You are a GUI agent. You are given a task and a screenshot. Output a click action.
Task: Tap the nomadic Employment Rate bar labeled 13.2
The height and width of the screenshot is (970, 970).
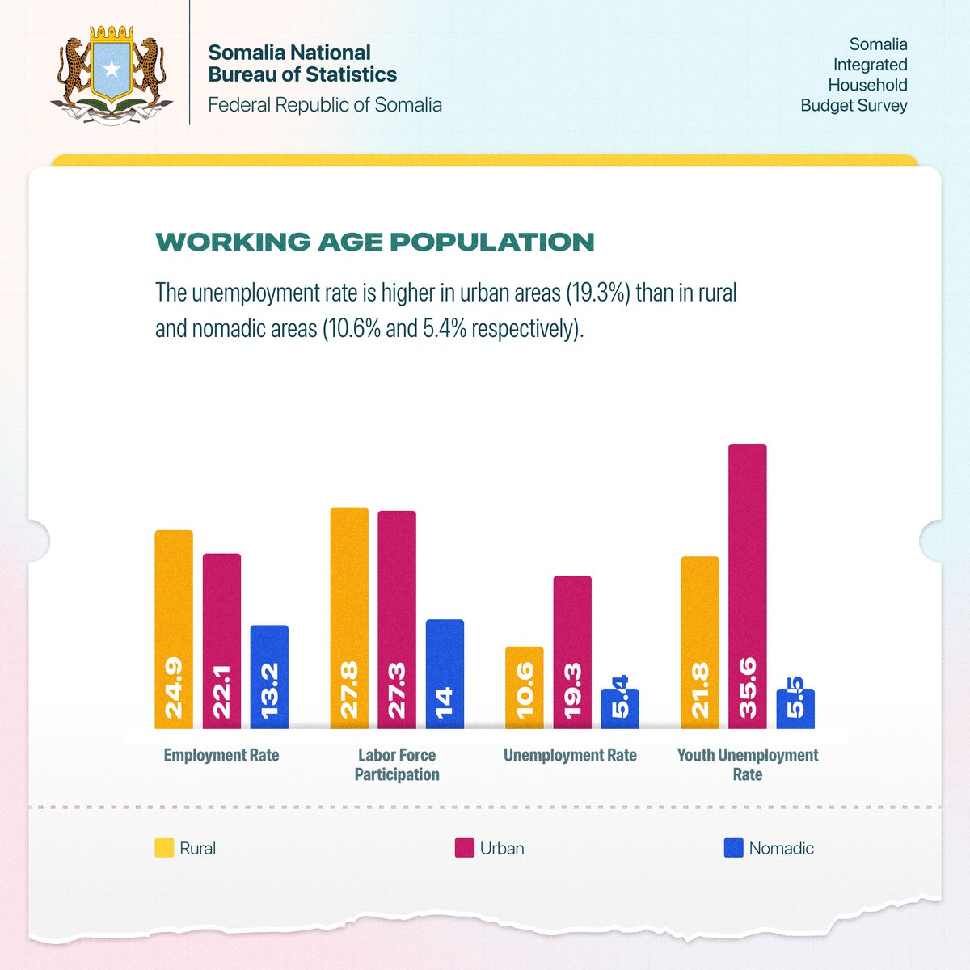point(269,677)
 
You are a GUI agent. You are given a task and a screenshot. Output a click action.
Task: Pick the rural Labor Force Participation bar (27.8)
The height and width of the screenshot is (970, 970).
point(349,618)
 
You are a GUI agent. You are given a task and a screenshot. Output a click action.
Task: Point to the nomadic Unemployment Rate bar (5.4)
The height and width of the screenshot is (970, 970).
point(620,709)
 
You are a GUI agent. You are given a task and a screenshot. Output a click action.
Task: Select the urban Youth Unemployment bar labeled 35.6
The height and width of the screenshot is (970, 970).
point(748,586)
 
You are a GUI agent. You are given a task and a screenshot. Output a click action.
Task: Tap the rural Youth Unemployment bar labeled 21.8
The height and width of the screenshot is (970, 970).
point(700,642)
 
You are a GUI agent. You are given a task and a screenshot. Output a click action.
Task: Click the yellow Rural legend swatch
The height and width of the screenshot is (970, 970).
point(164,848)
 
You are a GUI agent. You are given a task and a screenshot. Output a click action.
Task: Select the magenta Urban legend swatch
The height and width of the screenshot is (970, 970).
point(464,848)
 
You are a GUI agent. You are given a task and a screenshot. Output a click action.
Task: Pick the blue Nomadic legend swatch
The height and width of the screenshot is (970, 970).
point(733,848)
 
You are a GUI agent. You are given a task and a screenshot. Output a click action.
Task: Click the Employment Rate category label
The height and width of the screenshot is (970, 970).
point(221,755)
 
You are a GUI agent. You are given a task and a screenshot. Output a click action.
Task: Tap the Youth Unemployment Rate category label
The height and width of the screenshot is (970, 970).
point(748,765)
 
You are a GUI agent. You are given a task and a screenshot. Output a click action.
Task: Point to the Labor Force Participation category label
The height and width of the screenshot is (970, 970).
point(397,765)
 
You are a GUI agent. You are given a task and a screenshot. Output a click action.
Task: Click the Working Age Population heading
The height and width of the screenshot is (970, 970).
point(375,242)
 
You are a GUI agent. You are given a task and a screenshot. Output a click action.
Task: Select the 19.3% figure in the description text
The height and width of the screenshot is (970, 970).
point(597,293)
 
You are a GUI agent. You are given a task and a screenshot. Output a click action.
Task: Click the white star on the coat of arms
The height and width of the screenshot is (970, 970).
point(112,70)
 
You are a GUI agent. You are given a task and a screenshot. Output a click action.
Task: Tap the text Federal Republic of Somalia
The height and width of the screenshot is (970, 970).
point(325,105)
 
